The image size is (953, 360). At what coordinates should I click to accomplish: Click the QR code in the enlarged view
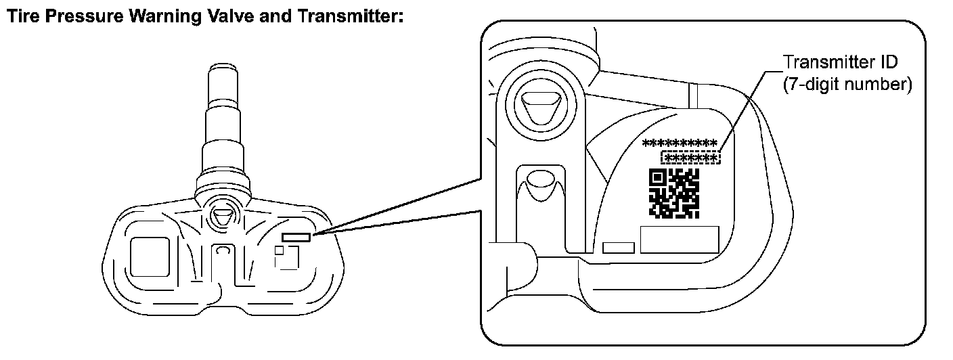click(674, 192)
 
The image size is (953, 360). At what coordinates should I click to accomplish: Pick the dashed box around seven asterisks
click(691, 158)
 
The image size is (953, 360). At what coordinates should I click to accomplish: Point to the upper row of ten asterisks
click(680, 143)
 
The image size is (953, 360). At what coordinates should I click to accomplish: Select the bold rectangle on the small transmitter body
click(296, 237)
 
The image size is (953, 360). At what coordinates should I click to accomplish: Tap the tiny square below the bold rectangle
click(279, 250)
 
